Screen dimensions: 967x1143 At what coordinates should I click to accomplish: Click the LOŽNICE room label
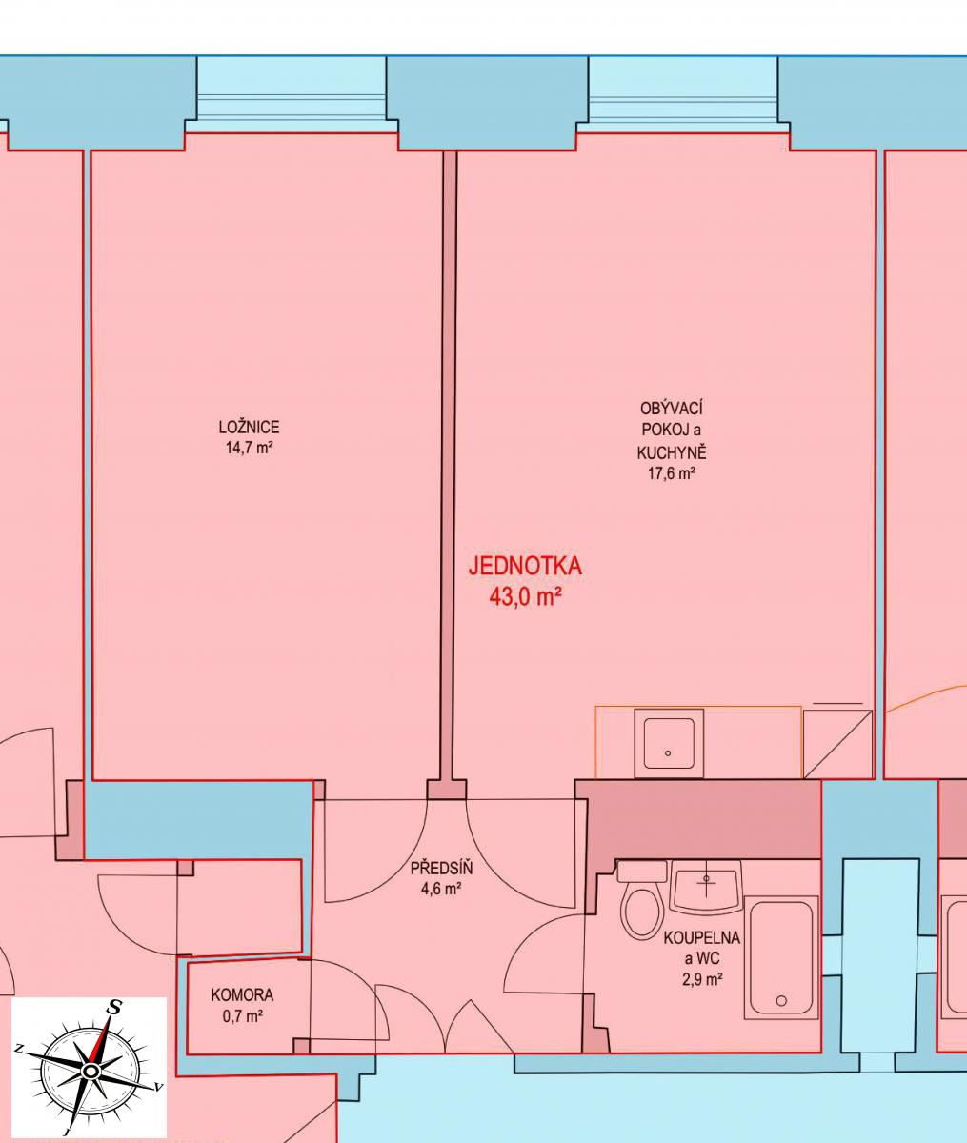coord(249,427)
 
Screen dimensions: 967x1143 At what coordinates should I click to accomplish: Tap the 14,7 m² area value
coord(249,447)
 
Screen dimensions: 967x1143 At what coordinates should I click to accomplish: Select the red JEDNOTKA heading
coord(525,566)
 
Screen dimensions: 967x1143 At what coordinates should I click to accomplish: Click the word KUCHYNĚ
coord(672,451)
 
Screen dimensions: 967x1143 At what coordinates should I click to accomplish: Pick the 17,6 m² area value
coord(672,473)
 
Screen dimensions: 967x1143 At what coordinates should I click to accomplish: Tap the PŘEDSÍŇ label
coord(441,868)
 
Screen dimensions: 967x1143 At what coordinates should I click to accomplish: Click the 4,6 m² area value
coord(441,889)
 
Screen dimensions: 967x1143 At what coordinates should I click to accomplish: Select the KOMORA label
coord(242,994)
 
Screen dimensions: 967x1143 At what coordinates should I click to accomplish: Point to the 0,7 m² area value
coord(242,1015)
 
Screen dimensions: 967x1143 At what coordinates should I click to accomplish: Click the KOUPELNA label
coord(702,937)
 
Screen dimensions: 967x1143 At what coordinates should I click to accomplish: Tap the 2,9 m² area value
coord(702,979)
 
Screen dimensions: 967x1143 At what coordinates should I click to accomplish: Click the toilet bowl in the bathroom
coord(642,912)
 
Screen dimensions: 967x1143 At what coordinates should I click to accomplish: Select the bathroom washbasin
coord(705,886)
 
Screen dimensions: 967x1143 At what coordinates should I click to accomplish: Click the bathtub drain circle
coord(781,1000)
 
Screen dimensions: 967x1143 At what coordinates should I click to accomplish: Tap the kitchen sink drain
coord(668,753)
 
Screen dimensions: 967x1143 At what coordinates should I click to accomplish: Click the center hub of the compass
coord(89,1073)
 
